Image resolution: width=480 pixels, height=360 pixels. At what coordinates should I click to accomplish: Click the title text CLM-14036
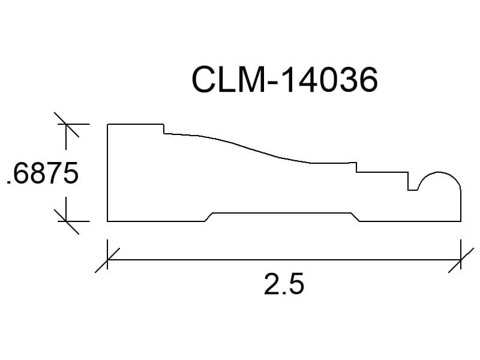[284, 80]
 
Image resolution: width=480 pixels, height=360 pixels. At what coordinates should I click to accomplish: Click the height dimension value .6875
[42, 173]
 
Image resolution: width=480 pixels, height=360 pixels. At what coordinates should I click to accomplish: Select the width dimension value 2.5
[284, 284]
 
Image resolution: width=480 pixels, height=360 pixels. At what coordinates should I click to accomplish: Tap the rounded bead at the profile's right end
[440, 173]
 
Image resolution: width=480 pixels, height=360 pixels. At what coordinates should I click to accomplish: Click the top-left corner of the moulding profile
[107, 124]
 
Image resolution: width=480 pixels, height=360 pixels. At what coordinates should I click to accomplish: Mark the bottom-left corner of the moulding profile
[107, 221]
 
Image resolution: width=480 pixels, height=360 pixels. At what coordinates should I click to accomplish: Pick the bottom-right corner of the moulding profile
[461, 221]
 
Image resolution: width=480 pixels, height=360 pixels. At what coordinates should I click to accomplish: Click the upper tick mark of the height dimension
[67, 125]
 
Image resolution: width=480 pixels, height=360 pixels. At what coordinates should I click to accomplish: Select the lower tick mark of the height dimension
[67, 221]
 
